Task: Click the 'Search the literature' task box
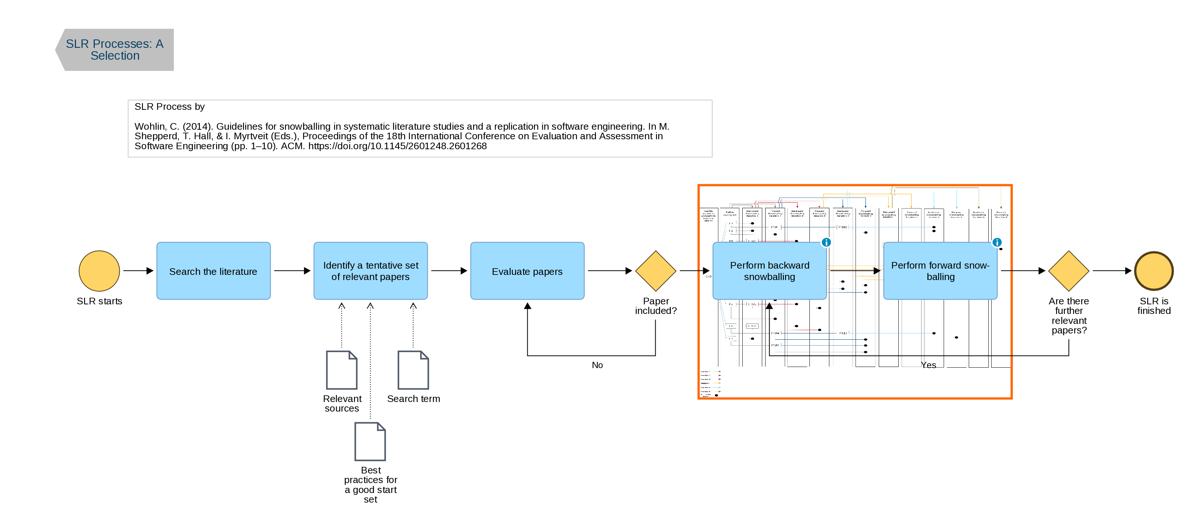(213, 271)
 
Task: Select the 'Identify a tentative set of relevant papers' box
(370, 271)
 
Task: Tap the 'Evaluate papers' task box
(527, 271)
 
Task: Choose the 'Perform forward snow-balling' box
(940, 271)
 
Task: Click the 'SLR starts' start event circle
(99, 271)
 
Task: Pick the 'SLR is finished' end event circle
(1153, 271)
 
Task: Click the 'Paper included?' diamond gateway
(655, 271)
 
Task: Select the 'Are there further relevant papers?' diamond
(1068, 271)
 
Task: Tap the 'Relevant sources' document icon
(341, 370)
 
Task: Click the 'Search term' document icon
(413, 370)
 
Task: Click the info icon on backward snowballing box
(826, 242)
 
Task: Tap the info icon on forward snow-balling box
(997, 242)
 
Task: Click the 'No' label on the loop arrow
(597, 365)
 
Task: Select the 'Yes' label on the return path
(929, 365)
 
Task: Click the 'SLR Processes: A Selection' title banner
(115, 50)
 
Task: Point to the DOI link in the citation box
(397, 146)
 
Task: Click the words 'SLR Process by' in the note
(170, 107)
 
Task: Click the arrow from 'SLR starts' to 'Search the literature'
(138, 271)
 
